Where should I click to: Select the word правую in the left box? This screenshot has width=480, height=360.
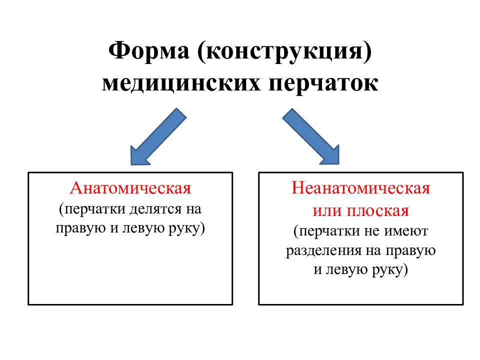click(x=77, y=228)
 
